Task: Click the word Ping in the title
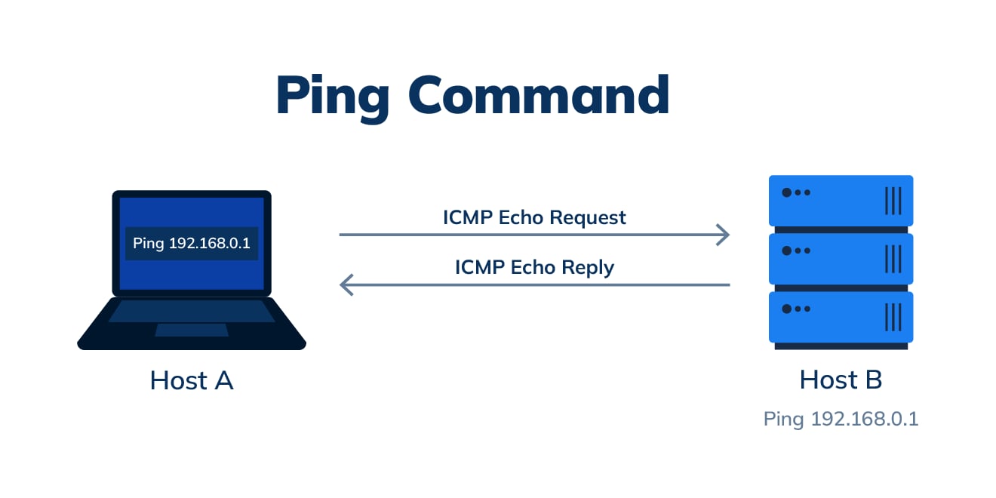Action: pos(332,96)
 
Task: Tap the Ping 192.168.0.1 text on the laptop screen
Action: pos(192,244)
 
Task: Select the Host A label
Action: pos(192,380)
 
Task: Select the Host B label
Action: pos(841,380)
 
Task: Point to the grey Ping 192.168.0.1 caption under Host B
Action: pos(841,419)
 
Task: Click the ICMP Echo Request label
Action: pos(534,218)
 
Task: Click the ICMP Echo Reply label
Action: pos(534,268)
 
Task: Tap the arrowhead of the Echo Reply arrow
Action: pos(346,284)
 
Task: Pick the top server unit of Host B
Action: pos(841,200)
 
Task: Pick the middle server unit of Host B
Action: pos(841,258)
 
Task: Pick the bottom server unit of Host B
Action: pos(841,317)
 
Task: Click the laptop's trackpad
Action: pos(192,330)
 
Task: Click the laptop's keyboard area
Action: pos(192,311)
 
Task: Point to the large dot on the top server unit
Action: pos(787,192)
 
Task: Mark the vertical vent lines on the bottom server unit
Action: pos(893,316)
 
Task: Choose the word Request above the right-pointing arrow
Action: pos(587,218)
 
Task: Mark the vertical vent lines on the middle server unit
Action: pos(893,258)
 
